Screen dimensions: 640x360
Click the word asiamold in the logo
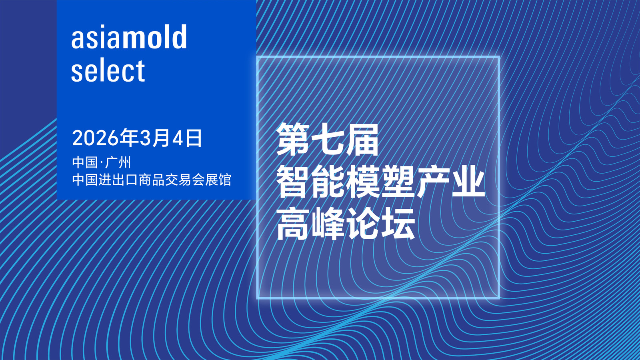tap(129, 36)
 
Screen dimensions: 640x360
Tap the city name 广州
tap(118, 162)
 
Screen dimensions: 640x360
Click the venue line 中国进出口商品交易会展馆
tap(152, 180)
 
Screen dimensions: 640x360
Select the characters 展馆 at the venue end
tap(218, 180)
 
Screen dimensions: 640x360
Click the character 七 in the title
tap(328, 140)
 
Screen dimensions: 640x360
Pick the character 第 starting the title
tap(293, 140)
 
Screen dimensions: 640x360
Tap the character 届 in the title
tap(362, 140)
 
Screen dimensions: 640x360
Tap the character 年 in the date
tap(129, 138)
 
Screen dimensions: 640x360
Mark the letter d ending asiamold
tap(180, 36)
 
